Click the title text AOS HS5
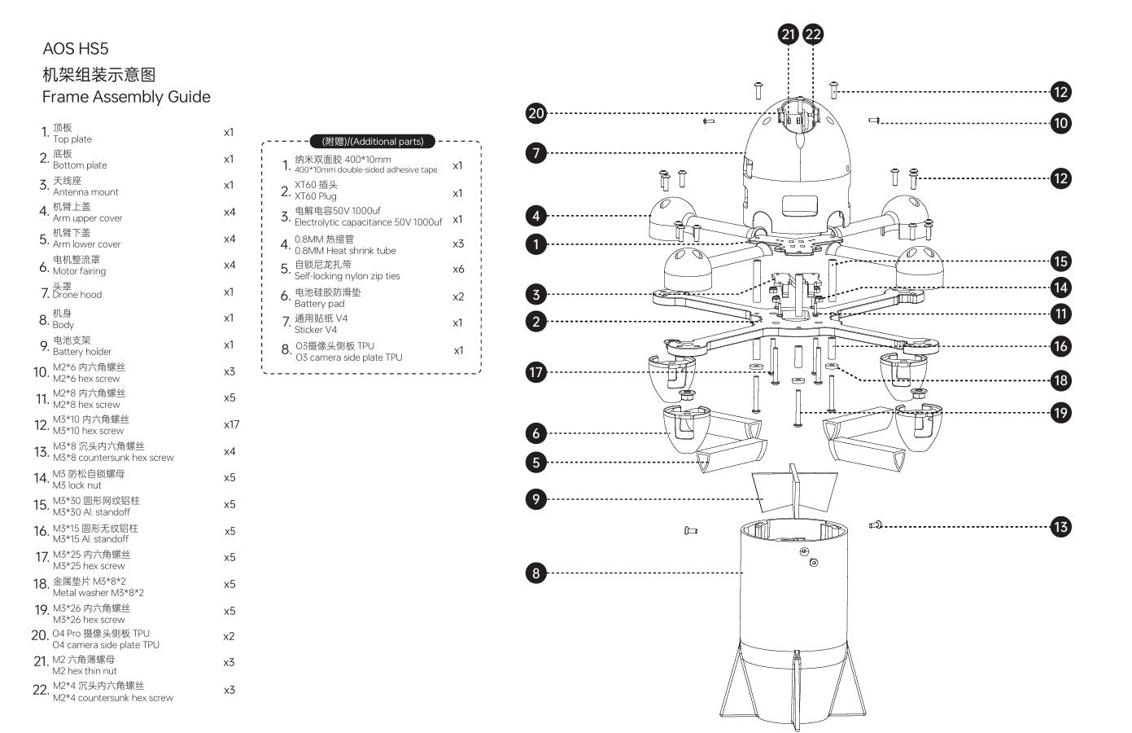coord(75,48)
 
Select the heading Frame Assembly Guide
coord(126,97)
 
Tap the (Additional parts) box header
coord(373,141)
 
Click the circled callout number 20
coord(535,113)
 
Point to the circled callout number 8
coord(535,573)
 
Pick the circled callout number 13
coord(1060,527)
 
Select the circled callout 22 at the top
coord(813,34)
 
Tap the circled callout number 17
coord(535,372)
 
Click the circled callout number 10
coord(1060,123)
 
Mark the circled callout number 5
coord(535,463)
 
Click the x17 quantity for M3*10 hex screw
coord(231,424)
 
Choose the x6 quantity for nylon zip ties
coord(458,270)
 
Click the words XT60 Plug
coord(315,196)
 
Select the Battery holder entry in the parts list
coord(82,352)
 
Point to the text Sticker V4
coord(315,330)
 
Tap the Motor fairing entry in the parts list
coord(79,271)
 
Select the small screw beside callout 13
coord(876,525)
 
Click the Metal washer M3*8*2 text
coord(98,593)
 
